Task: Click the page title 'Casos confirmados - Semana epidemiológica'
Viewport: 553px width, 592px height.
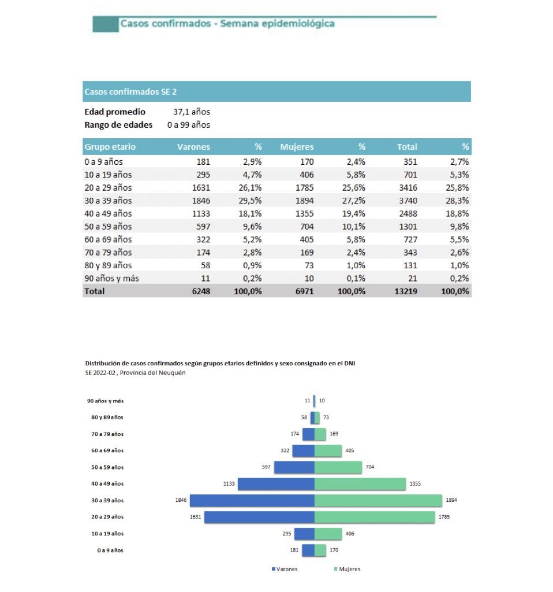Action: click(227, 24)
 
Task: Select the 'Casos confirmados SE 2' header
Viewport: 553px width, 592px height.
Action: click(134, 91)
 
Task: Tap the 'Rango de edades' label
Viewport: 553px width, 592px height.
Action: click(118, 124)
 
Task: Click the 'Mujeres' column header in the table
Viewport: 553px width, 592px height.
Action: click(297, 147)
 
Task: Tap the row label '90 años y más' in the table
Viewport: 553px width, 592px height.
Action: click(111, 278)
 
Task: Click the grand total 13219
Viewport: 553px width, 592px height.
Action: click(403, 291)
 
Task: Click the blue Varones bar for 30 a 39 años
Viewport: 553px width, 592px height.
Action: click(252, 500)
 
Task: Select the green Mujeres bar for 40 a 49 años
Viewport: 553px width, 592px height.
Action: click(360, 483)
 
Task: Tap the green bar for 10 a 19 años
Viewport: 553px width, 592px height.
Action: click(328, 534)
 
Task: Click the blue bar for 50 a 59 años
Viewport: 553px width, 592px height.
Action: click(294, 467)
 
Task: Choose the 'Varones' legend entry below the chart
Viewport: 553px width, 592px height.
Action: click(285, 569)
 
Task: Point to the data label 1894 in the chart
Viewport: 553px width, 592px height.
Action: click(451, 500)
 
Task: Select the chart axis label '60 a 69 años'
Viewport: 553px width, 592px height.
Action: click(107, 450)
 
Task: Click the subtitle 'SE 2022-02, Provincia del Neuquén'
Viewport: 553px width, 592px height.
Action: click(135, 373)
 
